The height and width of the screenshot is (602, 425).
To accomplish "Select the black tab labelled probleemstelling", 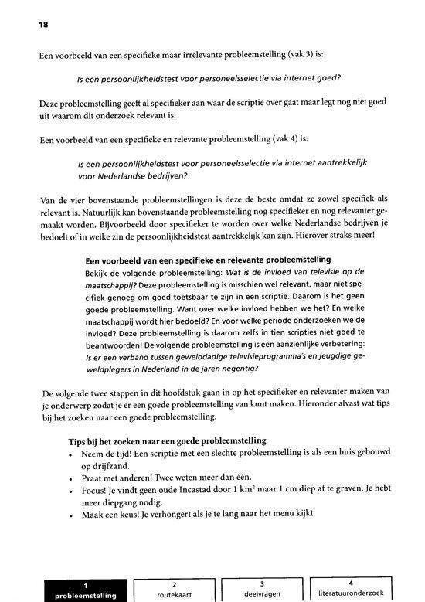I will (x=85, y=590).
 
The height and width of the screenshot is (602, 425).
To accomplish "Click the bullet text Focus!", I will (x=97, y=490).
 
